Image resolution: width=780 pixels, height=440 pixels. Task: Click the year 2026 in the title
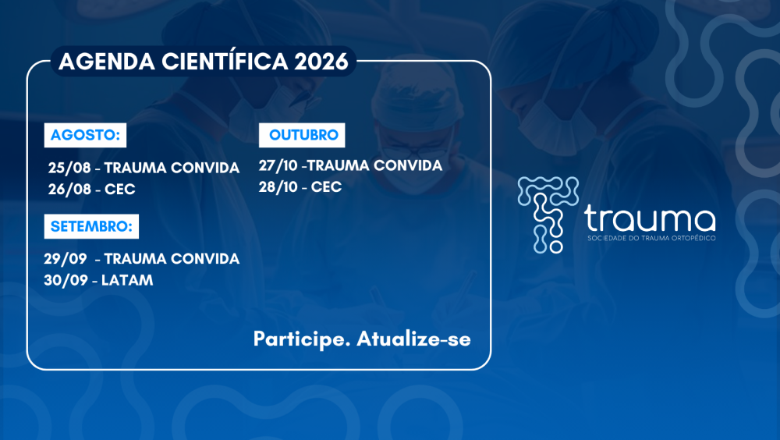[321, 62]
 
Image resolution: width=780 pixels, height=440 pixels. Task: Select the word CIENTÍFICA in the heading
[225, 61]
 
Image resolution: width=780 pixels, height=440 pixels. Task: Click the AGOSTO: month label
[85, 135]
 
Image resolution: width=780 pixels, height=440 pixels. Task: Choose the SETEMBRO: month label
[91, 226]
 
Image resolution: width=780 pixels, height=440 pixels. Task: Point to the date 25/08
[69, 168]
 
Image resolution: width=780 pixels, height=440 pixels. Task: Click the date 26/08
[69, 189]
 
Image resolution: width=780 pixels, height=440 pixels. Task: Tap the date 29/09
[66, 259]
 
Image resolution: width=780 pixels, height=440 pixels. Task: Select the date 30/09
[66, 280]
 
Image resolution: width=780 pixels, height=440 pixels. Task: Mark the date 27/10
[278, 165]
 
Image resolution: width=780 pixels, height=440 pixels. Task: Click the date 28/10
[278, 187]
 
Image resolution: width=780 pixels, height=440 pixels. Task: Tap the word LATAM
[127, 280]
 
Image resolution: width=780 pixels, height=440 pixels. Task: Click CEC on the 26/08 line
[120, 189]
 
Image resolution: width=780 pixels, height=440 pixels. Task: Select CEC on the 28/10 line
[326, 187]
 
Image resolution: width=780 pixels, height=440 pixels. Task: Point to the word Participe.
[302, 339]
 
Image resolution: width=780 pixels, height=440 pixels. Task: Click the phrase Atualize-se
[414, 339]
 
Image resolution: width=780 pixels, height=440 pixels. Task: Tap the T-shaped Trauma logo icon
[548, 215]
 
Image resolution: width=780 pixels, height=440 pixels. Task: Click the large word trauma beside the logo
[651, 218]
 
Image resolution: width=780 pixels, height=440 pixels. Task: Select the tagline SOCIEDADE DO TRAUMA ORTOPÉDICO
[651, 238]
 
